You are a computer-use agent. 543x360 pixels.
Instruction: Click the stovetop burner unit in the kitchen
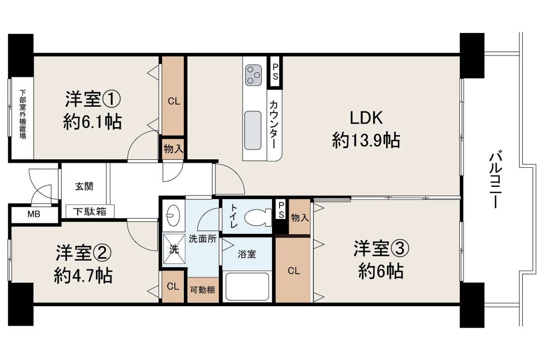(x=253, y=75)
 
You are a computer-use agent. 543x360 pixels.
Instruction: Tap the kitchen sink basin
(x=253, y=130)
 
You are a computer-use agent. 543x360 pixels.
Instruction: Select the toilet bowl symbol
(x=258, y=217)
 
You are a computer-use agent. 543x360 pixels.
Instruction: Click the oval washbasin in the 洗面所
(x=173, y=216)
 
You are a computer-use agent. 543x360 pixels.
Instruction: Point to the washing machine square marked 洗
(x=174, y=249)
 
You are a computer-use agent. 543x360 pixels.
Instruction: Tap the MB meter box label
(x=33, y=214)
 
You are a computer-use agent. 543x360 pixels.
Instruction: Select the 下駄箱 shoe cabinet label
(x=90, y=212)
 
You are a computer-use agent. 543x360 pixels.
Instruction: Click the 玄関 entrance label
(x=84, y=186)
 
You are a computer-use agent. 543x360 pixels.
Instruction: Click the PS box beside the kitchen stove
(x=275, y=72)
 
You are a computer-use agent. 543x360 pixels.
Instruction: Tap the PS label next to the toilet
(x=281, y=210)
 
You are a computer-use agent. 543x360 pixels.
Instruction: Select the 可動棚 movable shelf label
(x=202, y=290)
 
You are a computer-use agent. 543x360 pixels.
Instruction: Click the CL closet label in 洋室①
(x=174, y=101)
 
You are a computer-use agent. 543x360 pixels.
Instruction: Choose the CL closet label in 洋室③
(x=294, y=270)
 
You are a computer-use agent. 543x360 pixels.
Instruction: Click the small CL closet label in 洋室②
(x=173, y=286)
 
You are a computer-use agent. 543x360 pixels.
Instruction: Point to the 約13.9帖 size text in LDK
(x=366, y=140)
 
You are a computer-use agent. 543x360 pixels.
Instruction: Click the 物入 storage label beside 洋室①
(x=173, y=148)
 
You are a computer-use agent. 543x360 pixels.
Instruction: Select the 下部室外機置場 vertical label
(x=23, y=114)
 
